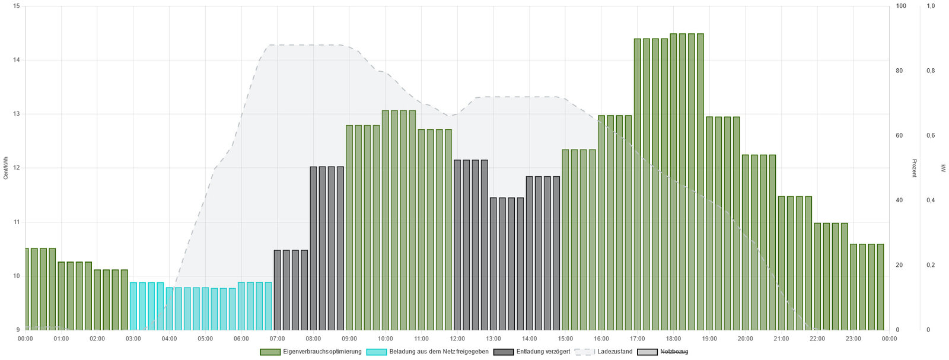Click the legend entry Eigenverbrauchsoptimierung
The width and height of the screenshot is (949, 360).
click(311, 352)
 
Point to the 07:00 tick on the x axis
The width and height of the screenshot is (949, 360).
click(277, 339)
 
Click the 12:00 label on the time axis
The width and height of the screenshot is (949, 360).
click(457, 339)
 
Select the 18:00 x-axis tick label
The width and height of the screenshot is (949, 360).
click(673, 339)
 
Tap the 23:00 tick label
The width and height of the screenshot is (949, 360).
click(853, 339)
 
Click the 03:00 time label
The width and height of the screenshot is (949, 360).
click(133, 339)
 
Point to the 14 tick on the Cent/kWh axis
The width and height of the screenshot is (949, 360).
click(15, 60)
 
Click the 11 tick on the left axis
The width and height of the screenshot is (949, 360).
click(15, 222)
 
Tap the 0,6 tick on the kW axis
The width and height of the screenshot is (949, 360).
click(931, 135)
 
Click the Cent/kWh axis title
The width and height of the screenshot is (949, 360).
click(6, 168)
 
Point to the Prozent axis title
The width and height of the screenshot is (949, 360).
click(914, 168)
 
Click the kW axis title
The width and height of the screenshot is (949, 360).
click(943, 168)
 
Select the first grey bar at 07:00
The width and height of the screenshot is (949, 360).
click(277, 290)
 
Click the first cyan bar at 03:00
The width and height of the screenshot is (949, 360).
click(133, 306)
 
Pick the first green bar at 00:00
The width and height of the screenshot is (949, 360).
click(27, 289)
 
